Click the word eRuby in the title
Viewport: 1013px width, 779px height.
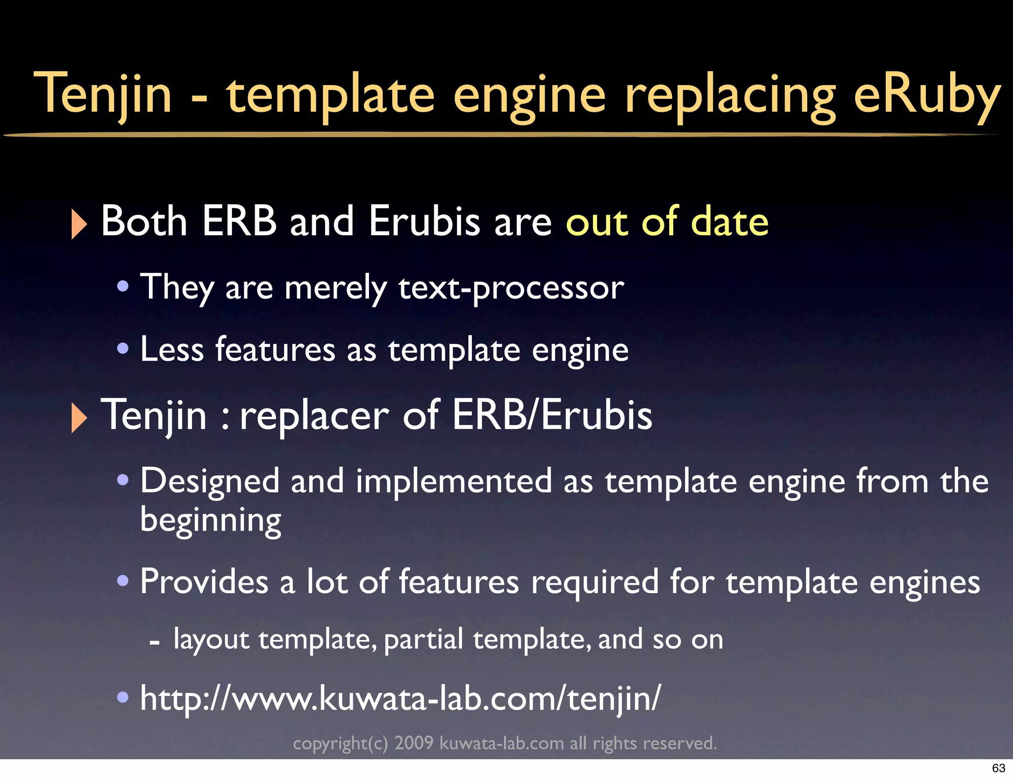pos(927,94)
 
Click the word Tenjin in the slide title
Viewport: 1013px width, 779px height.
pos(103,94)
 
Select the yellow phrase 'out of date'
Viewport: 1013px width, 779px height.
pos(667,221)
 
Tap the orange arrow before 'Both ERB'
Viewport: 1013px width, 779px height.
pos(79,224)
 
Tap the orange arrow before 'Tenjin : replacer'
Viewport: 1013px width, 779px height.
pos(79,418)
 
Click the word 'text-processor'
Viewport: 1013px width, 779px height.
pos(511,287)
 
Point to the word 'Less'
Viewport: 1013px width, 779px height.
pos(172,349)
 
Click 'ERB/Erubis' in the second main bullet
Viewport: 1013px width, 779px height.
pos(552,415)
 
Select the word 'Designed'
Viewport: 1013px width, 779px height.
pos(210,480)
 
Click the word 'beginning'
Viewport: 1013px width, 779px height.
pos(211,520)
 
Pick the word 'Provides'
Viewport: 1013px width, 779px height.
pos(204,581)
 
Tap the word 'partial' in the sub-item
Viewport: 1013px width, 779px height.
pos(423,639)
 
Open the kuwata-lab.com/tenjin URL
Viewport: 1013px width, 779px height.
pos(400,698)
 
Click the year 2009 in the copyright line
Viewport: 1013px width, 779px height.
pos(414,743)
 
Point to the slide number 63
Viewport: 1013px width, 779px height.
pos(998,768)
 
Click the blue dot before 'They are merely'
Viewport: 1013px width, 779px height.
pos(123,286)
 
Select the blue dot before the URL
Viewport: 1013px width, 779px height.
pos(123,697)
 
